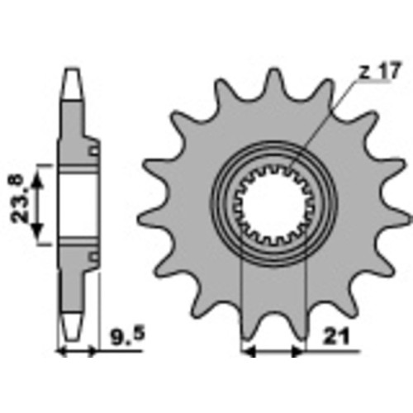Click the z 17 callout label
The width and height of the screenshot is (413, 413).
[x=380, y=71]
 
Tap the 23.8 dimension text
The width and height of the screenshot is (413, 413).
[x=20, y=198]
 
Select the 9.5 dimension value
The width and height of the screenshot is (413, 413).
[x=127, y=336]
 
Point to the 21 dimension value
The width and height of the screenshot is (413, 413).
[x=336, y=336]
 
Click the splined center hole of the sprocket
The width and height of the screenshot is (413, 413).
[x=273, y=206]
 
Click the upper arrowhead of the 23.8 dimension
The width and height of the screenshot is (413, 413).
[x=37, y=181]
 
